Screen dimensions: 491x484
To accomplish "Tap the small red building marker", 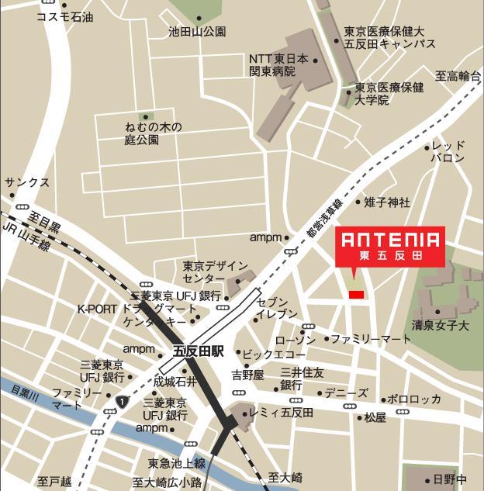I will pos(356,295).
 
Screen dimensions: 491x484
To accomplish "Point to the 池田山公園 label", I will pos(197,32).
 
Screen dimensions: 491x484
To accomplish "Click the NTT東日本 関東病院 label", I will pos(278,65).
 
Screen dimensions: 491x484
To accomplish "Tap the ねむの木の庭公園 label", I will pos(153,133).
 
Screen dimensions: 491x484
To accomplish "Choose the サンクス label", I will pos(27,182).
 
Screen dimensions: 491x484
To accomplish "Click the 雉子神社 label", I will pos(387,202).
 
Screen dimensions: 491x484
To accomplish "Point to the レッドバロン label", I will pos(448,152).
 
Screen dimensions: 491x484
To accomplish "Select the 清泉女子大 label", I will pos(441,326).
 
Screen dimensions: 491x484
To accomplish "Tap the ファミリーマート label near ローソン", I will pos(372,339).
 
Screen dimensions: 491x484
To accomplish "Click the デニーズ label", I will pos(346,392).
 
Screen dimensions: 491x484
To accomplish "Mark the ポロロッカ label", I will pos(414,399).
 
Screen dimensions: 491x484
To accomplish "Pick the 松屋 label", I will pos(375,417).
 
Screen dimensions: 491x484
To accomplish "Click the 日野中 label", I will pos(451,479).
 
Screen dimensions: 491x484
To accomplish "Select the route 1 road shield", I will pos(123,401).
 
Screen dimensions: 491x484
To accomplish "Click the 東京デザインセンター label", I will pos(216,272).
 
